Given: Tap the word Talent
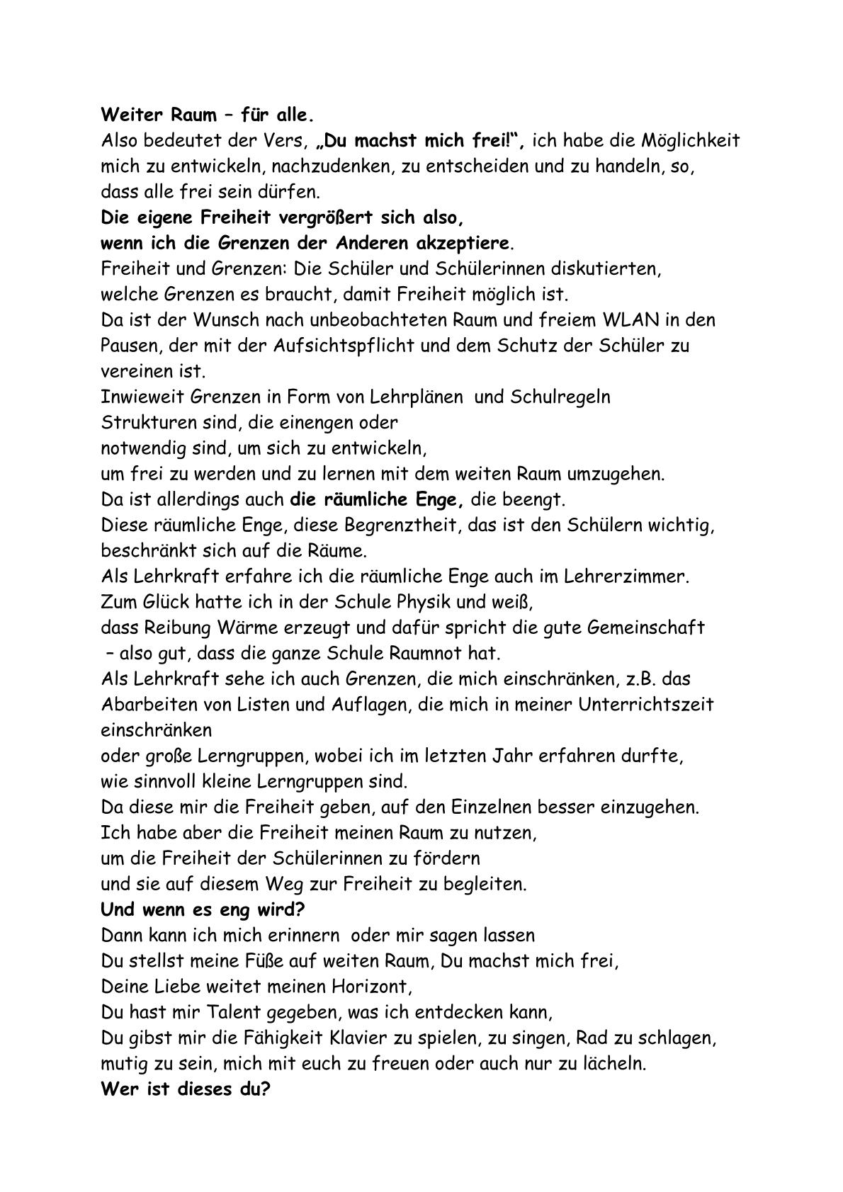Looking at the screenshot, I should pyautogui.click(x=216, y=1013).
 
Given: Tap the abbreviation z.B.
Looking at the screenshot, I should pyautogui.click(x=630, y=679).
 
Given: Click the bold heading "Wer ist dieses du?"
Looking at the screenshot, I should pyautogui.click(x=186, y=1089).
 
